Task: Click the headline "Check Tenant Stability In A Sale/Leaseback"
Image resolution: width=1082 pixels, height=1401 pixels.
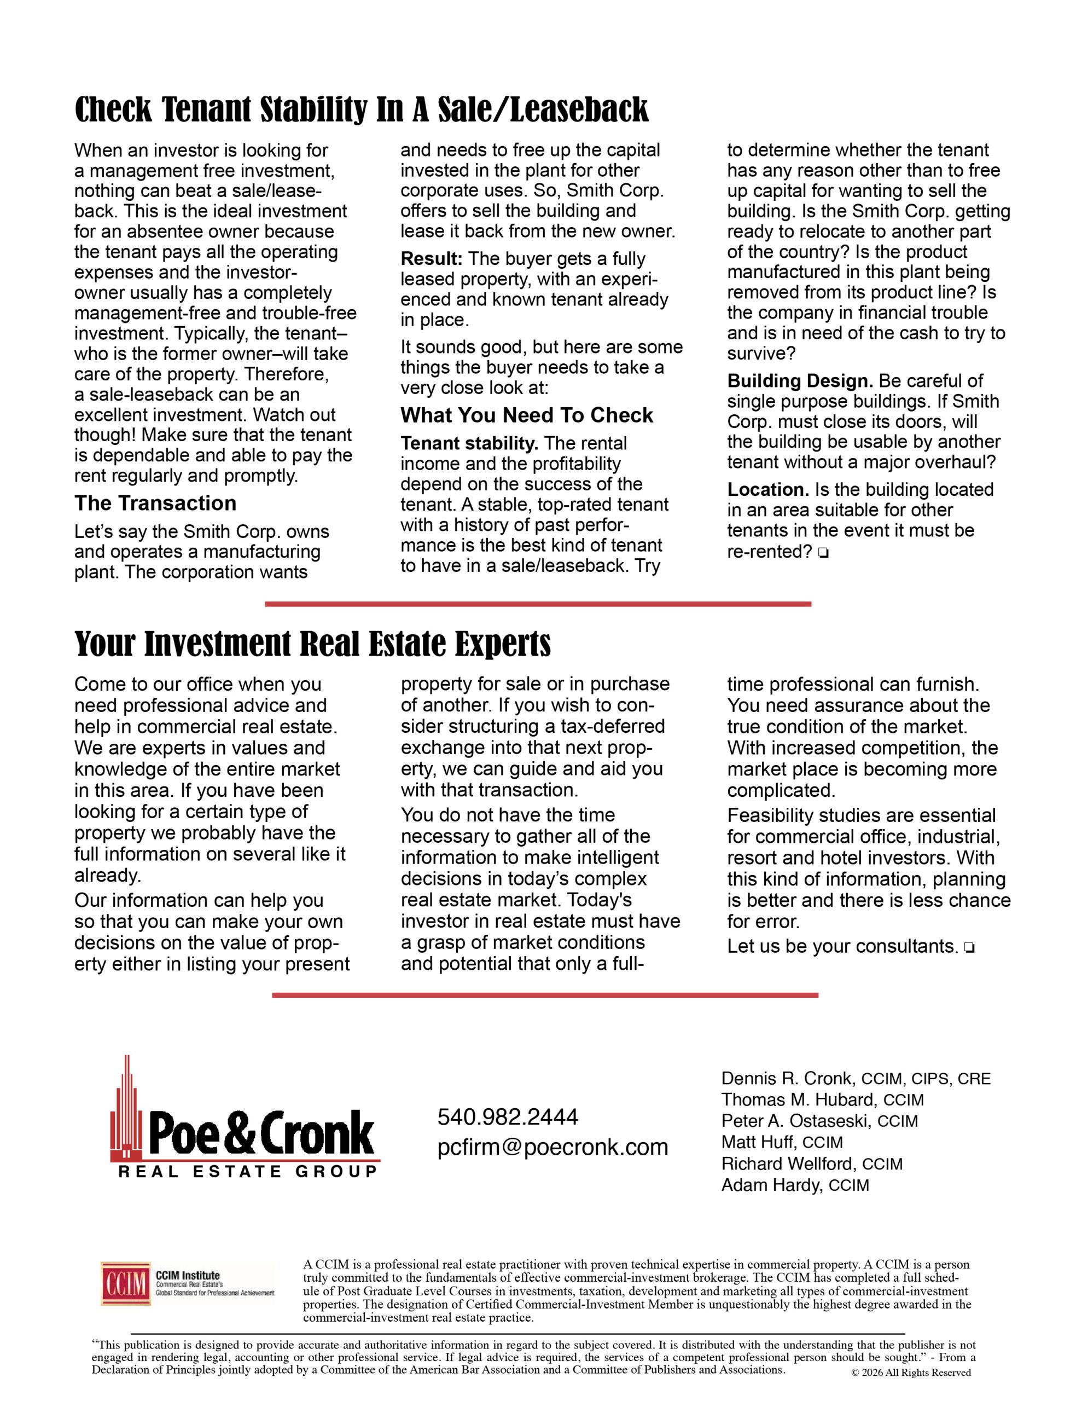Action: tap(361, 109)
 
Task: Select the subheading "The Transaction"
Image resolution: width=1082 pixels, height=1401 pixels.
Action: tap(155, 503)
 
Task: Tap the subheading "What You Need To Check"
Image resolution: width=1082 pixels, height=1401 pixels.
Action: tap(527, 416)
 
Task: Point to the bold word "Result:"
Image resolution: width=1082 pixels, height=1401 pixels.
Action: tap(431, 259)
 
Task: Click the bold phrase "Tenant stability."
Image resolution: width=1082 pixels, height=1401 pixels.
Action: tap(469, 444)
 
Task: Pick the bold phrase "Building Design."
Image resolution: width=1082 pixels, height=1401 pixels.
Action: tap(800, 381)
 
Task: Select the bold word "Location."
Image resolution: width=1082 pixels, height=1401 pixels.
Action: tap(767, 490)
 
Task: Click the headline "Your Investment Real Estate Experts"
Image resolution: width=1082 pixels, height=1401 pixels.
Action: tap(312, 644)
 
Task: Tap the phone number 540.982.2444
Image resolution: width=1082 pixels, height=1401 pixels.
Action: tap(507, 1118)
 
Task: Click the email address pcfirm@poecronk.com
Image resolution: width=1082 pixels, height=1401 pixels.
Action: tap(552, 1147)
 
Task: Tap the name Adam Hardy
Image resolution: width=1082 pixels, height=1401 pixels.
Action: tap(772, 1185)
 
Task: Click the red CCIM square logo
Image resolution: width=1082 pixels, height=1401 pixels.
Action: tap(126, 1283)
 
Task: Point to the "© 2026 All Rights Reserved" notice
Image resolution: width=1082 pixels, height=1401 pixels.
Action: tap(911, 1373)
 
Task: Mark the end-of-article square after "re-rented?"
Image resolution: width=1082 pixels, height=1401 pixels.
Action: tap(823, 553)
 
